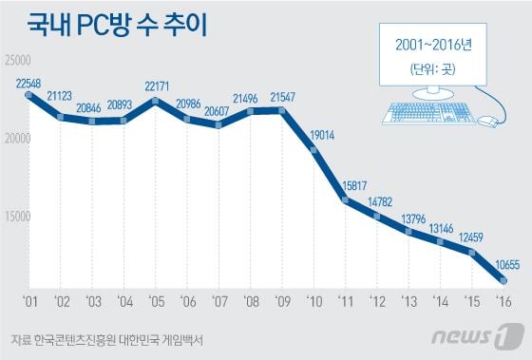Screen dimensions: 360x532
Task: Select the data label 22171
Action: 157,87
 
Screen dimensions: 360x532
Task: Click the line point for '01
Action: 28,96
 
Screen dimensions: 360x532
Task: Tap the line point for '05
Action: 157,101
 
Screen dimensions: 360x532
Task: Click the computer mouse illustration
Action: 487,122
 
